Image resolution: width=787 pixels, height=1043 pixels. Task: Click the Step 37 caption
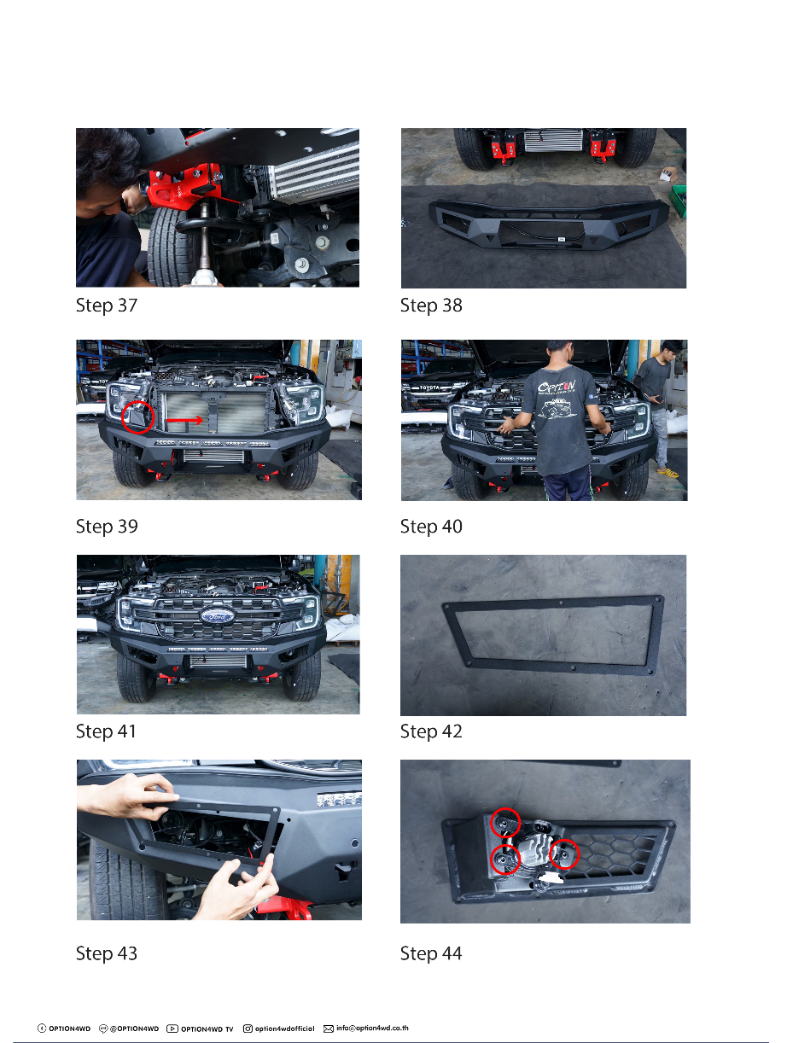tap(107, 305)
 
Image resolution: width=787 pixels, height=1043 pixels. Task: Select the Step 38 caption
tap(431, 305)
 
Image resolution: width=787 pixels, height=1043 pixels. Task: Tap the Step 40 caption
tap(431, 526)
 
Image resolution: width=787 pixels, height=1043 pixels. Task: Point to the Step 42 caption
tap(431, 731)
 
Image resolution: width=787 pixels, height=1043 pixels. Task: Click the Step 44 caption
tap(431, 953)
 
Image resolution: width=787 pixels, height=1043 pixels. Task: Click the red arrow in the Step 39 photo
tap(185, 420)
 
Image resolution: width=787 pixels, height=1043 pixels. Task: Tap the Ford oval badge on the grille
tap(218, 616)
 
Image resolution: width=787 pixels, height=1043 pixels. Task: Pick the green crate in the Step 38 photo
tap(679, 200)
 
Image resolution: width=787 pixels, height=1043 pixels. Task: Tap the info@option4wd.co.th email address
tap(372, 1028)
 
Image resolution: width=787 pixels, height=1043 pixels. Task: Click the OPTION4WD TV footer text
tap(207, 1028)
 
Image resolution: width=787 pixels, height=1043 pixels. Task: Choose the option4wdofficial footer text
tap(285, 1028)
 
